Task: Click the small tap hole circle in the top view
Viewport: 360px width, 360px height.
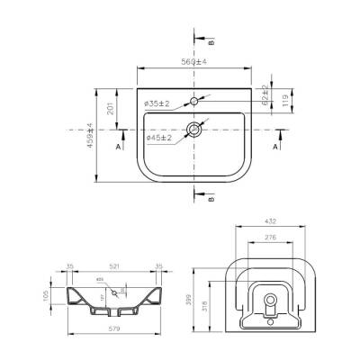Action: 194,101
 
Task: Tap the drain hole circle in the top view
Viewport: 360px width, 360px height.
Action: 193,130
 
